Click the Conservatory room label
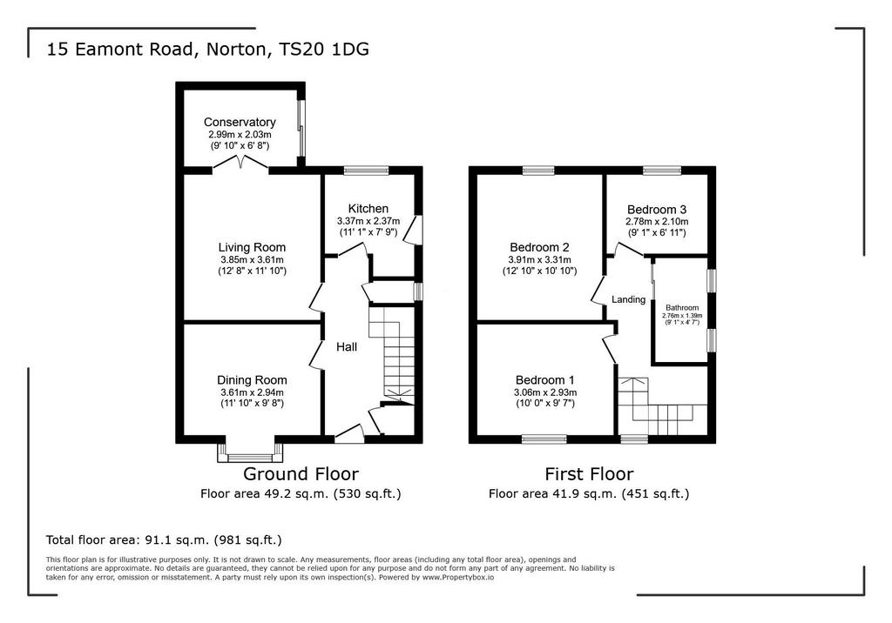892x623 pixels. click(240, 122)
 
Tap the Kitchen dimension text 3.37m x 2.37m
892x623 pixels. click(368, 221)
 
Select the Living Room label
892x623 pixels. click(252, 247)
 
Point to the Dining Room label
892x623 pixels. click(252, 380)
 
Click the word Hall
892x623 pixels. click(347, 347)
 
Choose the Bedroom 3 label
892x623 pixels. click(657, 209)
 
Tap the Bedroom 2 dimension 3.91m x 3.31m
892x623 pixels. click(539, 260)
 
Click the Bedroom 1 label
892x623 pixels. click(545, 380)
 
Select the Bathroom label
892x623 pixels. click(682, 307)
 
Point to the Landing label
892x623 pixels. click(629, 299)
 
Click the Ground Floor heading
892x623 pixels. click(301, 473)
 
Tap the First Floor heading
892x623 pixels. click(589, 473)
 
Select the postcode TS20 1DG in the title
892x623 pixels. click(324, 49)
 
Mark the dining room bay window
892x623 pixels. click(250, 452)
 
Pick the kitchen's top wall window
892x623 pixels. click(367, 170)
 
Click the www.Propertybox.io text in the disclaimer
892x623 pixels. click(458, 577)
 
